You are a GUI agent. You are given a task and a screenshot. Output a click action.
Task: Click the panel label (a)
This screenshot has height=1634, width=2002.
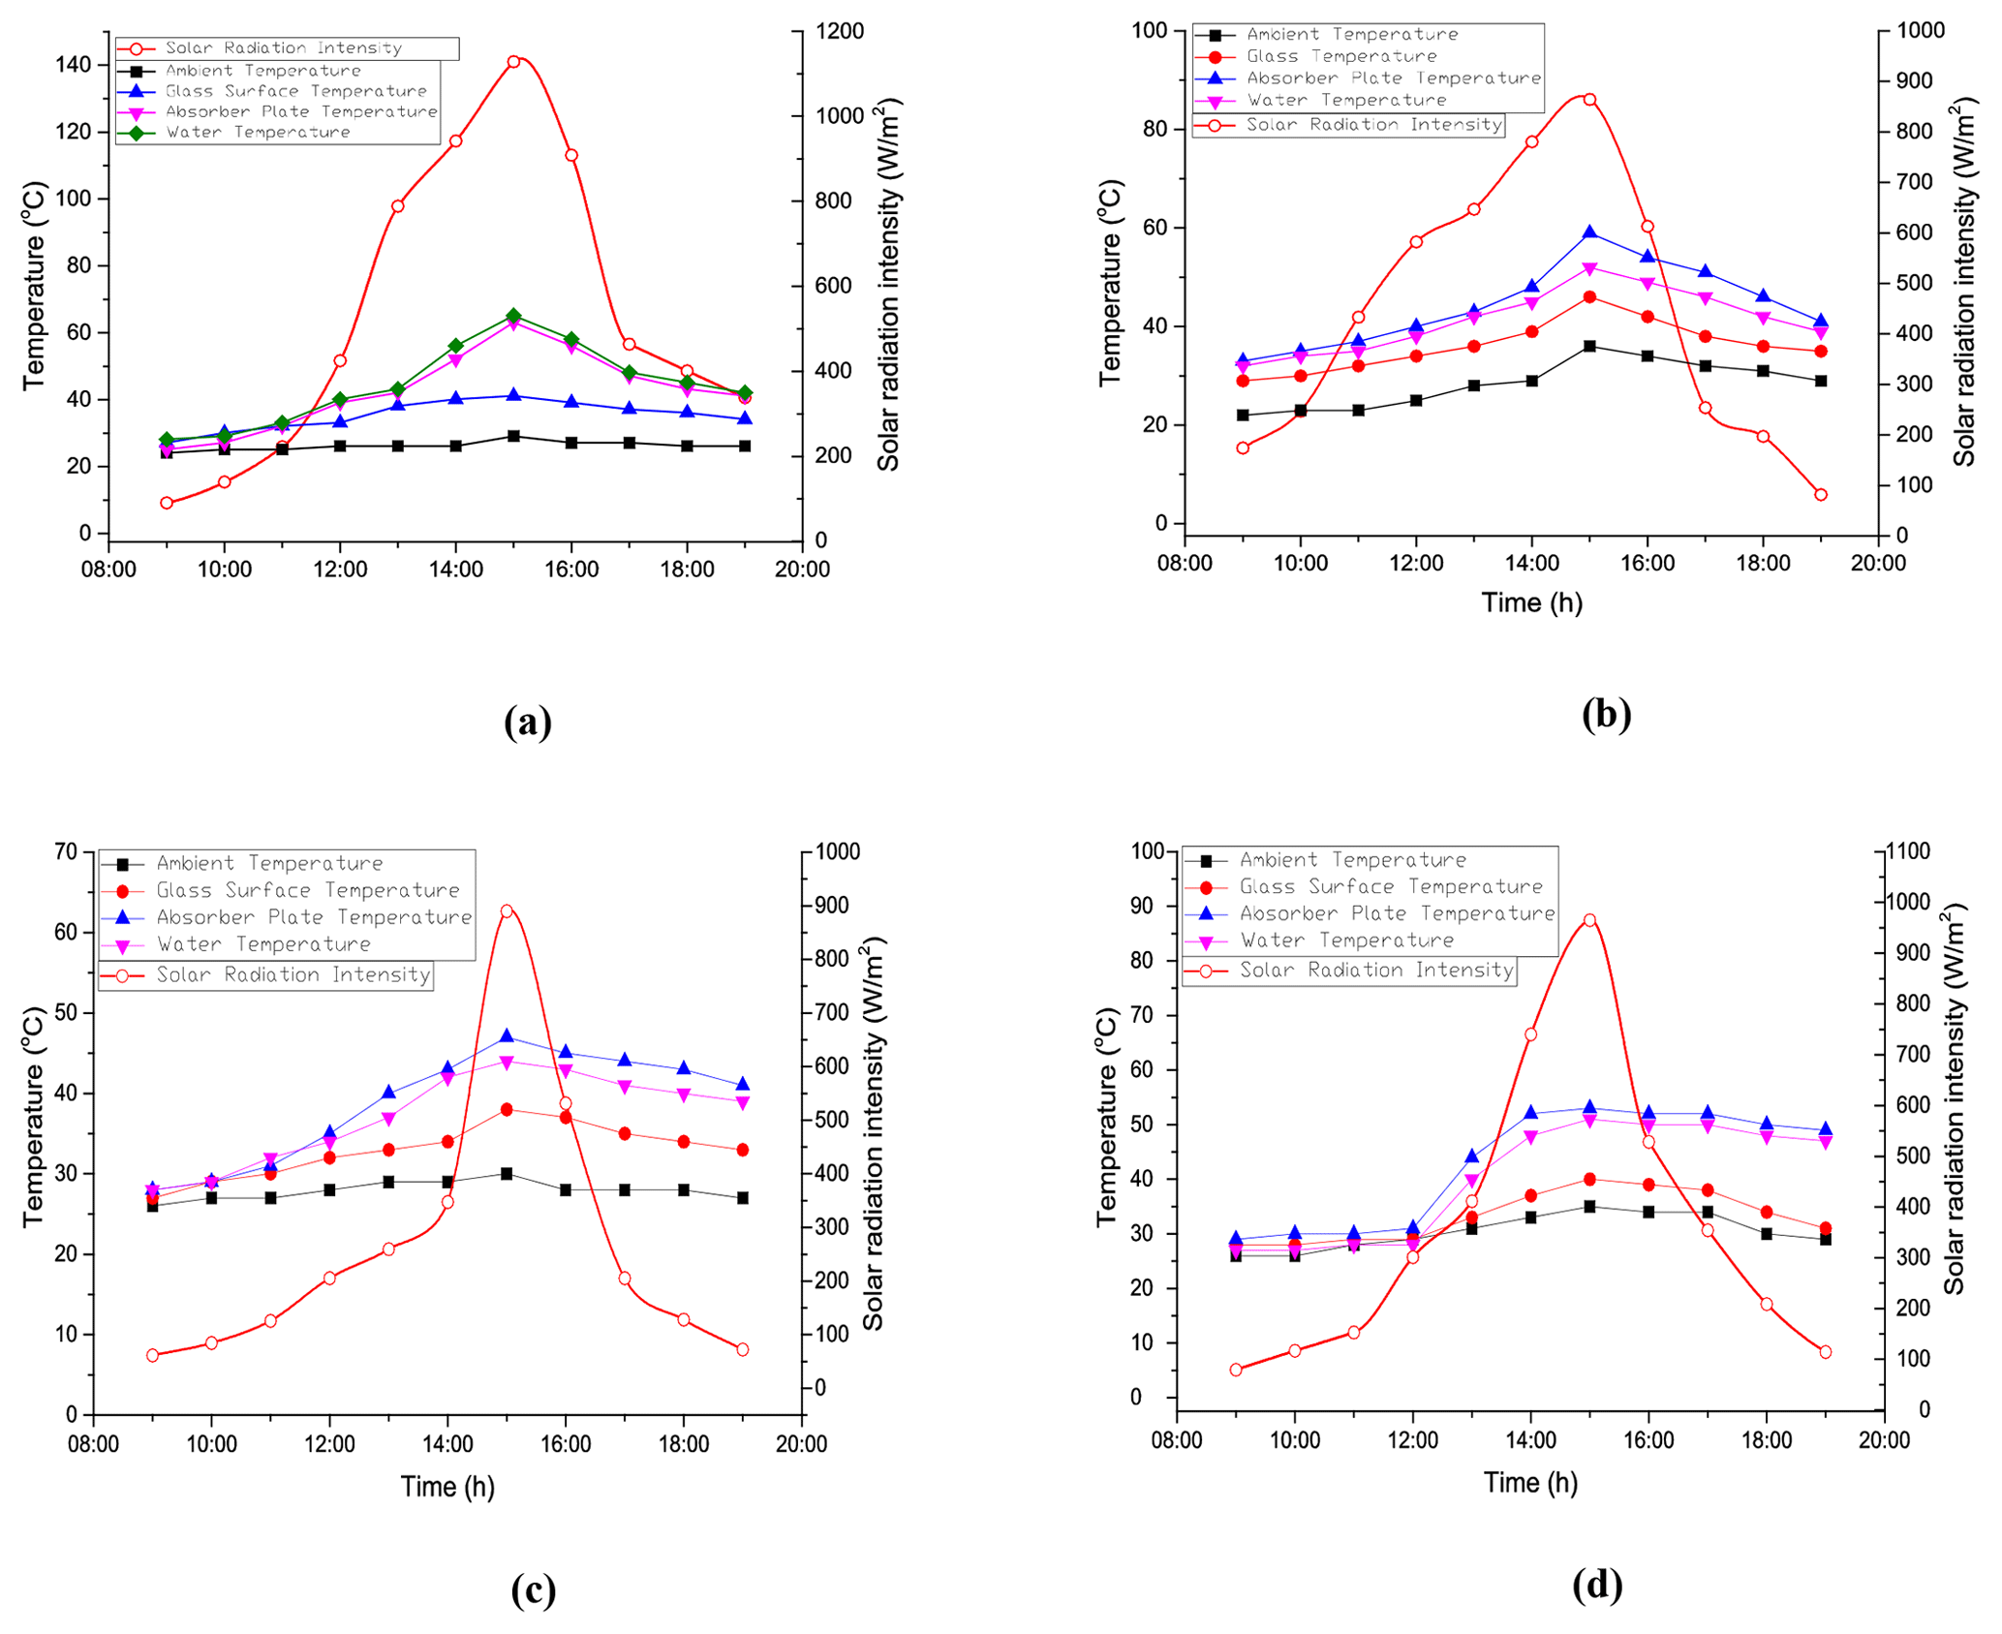(528, 723)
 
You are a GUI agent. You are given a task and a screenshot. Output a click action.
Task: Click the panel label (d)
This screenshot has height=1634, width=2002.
(1597, 1586)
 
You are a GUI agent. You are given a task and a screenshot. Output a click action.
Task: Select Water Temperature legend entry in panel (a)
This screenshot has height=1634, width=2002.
(258, 133)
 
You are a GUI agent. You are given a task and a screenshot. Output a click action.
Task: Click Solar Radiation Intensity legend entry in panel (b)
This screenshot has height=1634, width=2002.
(1373, 125)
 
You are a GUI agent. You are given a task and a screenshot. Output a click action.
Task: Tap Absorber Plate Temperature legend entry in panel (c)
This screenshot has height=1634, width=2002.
(314, 917)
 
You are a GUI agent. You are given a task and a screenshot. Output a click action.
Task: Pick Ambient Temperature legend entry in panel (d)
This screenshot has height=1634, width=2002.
(1352, 860)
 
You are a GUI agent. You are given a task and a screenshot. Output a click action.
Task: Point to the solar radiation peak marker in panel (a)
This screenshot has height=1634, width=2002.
(514, 62)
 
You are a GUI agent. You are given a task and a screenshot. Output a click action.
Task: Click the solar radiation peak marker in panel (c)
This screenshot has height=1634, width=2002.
(507, 911)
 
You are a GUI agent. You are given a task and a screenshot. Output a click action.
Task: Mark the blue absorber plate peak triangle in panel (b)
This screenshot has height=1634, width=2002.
(1589, 233)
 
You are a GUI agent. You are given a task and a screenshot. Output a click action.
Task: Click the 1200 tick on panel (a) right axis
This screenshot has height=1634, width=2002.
(839, 32)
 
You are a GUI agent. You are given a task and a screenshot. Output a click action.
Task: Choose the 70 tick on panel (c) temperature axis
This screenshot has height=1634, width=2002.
(66, 851)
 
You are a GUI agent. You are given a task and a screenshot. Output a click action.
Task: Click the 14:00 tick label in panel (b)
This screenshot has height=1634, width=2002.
(1531, 564)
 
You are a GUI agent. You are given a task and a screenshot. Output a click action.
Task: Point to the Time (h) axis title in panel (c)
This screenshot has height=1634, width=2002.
(447, 1487)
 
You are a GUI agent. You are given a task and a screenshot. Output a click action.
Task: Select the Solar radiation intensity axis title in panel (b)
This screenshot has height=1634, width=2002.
(1963, 281)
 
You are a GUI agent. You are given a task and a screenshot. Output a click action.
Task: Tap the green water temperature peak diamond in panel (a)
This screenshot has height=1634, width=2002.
(514, 316)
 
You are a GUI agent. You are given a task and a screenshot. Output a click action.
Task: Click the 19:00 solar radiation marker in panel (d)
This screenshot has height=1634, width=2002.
(1826, 1352)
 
